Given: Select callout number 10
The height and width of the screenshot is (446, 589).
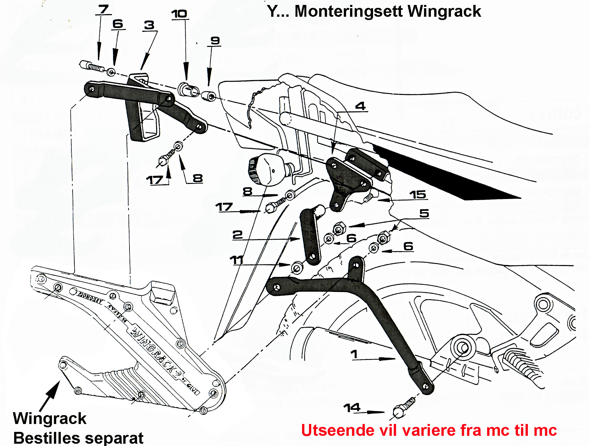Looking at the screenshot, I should (179, 14).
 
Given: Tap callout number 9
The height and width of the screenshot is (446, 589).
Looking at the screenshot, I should (215, 40).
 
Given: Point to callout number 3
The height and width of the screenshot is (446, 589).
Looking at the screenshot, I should (149, 25).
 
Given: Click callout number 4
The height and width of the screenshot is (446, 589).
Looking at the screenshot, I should (361, 106).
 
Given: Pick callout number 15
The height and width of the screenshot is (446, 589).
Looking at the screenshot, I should (417, 194).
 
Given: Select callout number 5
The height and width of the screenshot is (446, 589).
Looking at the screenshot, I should (424, 213).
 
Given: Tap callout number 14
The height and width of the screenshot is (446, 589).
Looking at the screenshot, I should (352, 408).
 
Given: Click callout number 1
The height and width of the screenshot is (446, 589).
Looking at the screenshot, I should (354, 354).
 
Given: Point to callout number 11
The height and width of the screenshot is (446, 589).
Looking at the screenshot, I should (236, 260).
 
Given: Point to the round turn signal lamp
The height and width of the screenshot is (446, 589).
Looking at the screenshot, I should (268, 169).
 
